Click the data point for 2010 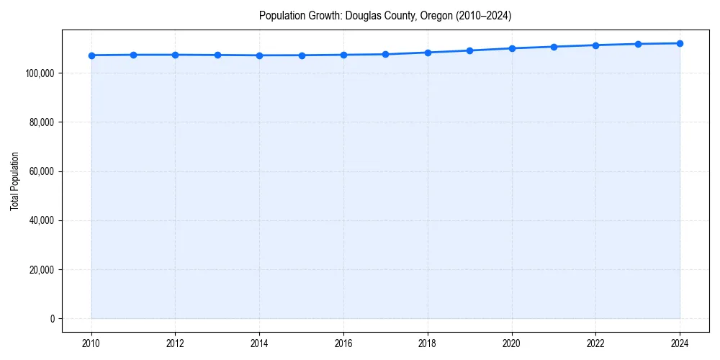[x=91, y=55]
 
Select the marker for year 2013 [x=217, y=55]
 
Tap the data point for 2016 [x=343, y=55]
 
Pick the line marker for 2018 [x=428, y=53]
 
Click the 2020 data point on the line [x=512, y=48]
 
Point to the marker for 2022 [x=595, y=45]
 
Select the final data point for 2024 [x=680, y=43]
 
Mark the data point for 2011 [x=133, y=55]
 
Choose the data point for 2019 [x=469, y=50]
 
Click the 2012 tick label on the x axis [x=175, y=343]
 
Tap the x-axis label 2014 [x=259, y=343]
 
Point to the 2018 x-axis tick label [x=428, y=343]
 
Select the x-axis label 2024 [x=680, y=343]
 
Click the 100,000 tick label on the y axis [x=40, y=73]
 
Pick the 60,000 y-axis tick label [x=42, y=171]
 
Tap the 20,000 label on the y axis [x=42, y=270]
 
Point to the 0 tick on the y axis [x=52, y=319]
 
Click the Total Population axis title [x=14, y=181]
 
